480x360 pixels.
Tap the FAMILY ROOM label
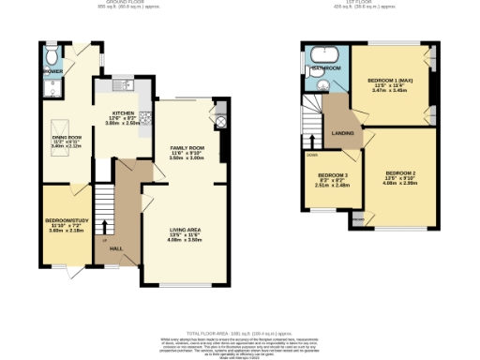(187, 148)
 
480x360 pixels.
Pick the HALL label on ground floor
(116, 248)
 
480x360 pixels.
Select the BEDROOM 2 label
(399, 173)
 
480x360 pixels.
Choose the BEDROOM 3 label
(332, 175)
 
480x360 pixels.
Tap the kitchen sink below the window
(128, 88)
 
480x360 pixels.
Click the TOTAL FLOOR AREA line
(240, 333)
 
